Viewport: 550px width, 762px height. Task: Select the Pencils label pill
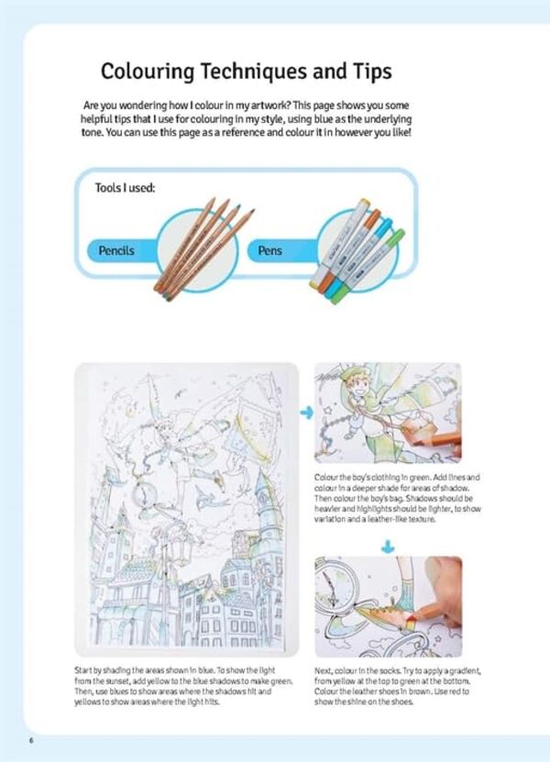[116, 249]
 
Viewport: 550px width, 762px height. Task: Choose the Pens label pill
[270, 249]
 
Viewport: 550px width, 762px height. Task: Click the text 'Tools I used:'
[126, 188]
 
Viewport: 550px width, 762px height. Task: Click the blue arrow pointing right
[306, 414]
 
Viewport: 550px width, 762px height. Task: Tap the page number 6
[31, 740]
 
